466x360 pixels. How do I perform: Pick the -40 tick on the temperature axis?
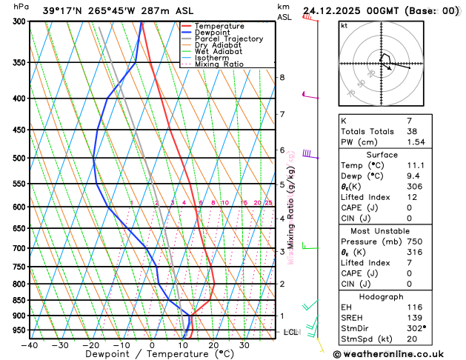point(30,344)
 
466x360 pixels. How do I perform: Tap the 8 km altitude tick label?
point(282,78)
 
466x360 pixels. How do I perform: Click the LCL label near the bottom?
point(290,332)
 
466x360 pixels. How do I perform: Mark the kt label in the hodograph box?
point(344,25)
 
